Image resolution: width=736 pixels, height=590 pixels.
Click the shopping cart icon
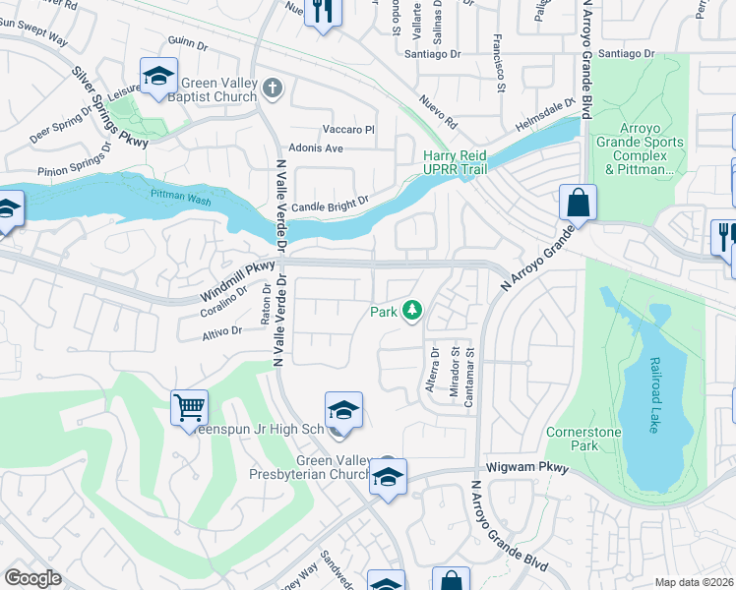point(189,406)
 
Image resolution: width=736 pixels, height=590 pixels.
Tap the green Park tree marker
point(411,312)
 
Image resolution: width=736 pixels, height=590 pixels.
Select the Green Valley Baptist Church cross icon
point(274,89)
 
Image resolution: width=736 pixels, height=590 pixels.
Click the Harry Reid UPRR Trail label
point(461,164)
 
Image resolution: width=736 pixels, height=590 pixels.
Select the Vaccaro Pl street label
point(349,129)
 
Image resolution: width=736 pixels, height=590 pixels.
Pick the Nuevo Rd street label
point(438,111)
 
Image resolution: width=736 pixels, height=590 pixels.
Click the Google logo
point(32,578)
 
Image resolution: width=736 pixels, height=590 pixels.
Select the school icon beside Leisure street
point(157,78)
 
